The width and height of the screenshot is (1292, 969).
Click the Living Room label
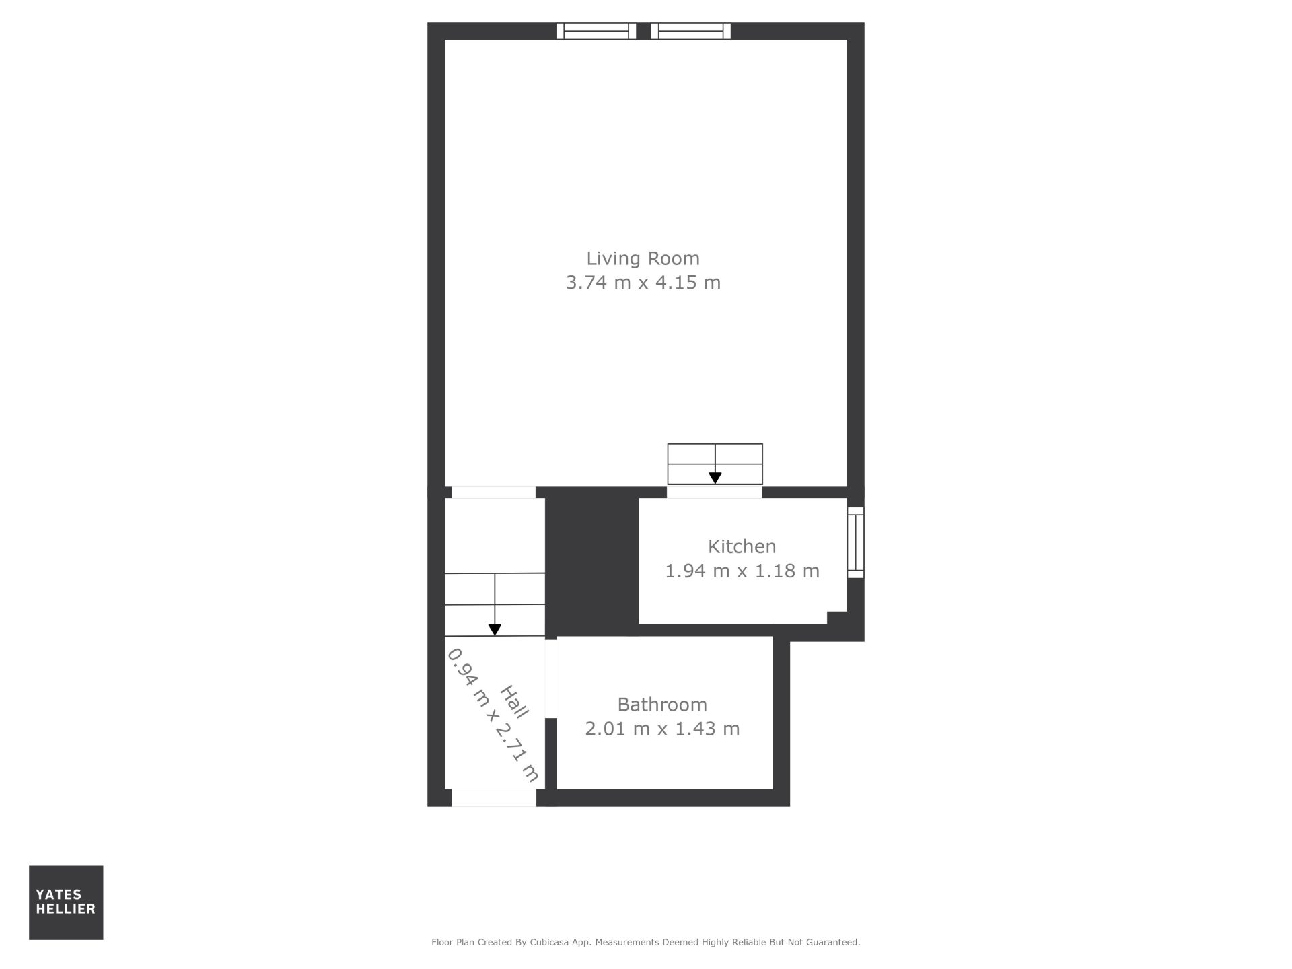pyautogui.click(x=643, y=258)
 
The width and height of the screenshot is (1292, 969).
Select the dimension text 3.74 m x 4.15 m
pyautogui.click(x=643, y=283)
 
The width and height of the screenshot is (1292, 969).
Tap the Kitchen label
pyautogui.click(x=742, y=546)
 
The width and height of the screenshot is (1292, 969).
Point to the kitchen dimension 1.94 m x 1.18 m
pyautogui.click(x=742, y=571)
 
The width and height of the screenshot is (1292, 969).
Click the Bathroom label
pyautogui.click(x=662, y=705)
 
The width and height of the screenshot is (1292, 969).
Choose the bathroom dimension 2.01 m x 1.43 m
pyautogui.click(x=662, y=729)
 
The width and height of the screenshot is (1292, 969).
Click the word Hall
pyautogui.click(x=515, y=702)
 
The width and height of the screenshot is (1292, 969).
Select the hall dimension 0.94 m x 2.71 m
pyautogui.click(x=493, y=715)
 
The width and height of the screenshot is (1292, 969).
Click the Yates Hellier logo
pyautogui.click(x=66, y=902)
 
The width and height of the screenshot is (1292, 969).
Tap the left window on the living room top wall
pyautogui.click(x=596, y=31)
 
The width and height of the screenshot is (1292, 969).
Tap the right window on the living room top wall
pyautogui.click(x=691, y=31)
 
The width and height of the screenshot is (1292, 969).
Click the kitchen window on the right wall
pyautogui.click(x=855, y=542)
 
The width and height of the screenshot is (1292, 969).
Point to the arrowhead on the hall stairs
pyautogui.click(x=495, y=630)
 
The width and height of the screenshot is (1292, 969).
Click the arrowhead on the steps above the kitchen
pyautogui.click(x=715, y=478)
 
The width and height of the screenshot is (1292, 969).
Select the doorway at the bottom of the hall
pyautogui.click(x=494, y=797)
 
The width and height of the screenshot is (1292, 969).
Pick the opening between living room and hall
pyautogui.click(x=494, y=493)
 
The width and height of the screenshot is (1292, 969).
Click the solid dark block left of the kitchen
pyautogui.click(x=591, y=561)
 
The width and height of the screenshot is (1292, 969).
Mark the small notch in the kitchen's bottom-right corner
pyautogui.click(x=836, y=618)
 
